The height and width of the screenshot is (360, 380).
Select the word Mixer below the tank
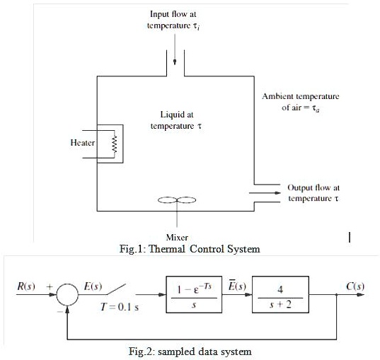tap(176, 237)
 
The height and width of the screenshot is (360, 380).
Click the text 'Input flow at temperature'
tap(176, 20)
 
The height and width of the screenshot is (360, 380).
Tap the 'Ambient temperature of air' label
tap(300, 101)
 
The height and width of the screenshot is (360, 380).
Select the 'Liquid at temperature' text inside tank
tap(176, 119)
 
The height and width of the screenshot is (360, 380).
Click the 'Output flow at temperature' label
tap(313, 193)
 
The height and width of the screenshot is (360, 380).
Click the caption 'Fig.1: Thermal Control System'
tap(190, 248)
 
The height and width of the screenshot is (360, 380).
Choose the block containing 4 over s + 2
tap(280, 293)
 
